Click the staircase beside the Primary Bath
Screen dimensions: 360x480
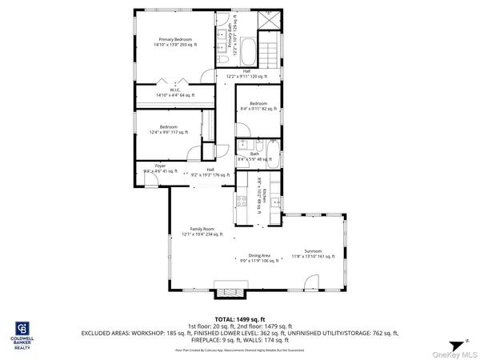click(270, 51)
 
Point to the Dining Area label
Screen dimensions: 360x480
click(259, 255)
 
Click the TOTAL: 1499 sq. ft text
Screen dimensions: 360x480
click(239, 319)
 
